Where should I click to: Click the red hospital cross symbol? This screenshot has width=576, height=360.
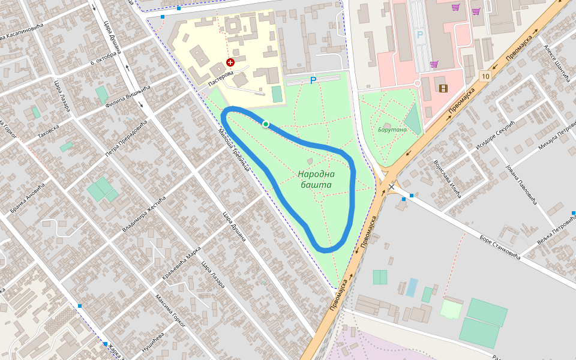click(x=230, y=62)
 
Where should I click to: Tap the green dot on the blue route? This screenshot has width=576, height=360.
click(x=265, y=124)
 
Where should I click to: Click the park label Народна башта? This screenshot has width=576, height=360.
click(x=316, y=179)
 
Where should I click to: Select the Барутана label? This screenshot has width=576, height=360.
click(x=392, y=130)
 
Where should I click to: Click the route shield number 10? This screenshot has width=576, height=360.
click(x=485, y=76)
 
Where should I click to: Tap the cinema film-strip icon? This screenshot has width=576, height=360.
click(x=443, y=88)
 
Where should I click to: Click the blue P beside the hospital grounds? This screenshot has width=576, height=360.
click(x=313, y=80)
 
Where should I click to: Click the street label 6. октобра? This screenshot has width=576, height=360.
click(x=102, y=54)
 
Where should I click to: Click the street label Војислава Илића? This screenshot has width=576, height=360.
click(x=446, y=179)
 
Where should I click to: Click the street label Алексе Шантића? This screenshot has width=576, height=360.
click(x=554, y=62)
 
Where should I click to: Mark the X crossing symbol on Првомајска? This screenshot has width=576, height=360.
click(x=391, y=187)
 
